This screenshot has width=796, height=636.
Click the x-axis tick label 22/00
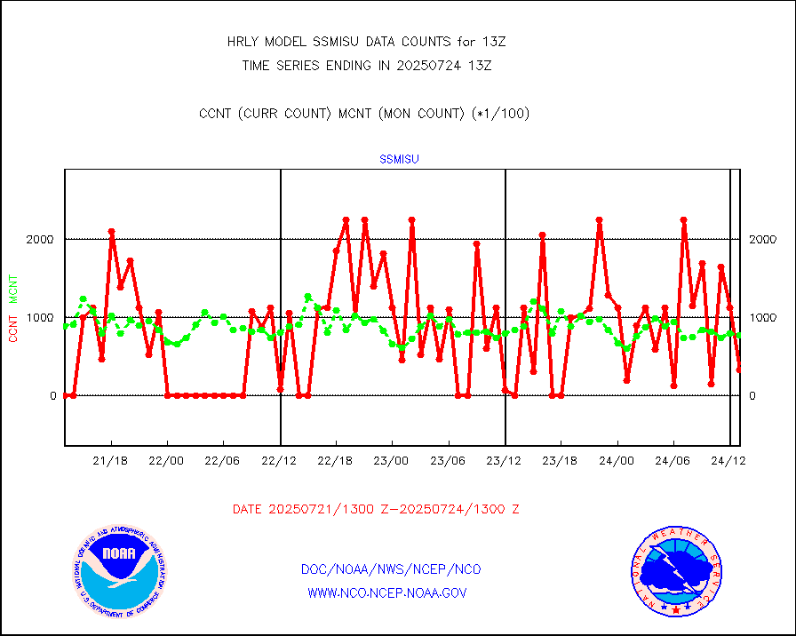pos(167,461)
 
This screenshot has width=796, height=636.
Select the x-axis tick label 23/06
pos(448,461)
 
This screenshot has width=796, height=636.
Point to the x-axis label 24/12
pos(728,461)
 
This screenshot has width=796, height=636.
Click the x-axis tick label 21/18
pos(111,461)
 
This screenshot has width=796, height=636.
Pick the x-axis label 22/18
pos(336,461)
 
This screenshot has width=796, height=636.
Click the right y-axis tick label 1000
pos(764,318)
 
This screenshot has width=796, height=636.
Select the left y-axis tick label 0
pos(52,396)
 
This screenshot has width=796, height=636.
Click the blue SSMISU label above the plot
pos(399,160)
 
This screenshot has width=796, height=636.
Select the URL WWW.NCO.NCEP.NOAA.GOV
pos(386,592)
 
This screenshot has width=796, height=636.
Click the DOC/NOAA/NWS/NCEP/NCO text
pos(391,569)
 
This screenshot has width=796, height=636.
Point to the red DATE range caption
pos(376,510)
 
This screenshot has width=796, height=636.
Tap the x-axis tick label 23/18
pos(560,461)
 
